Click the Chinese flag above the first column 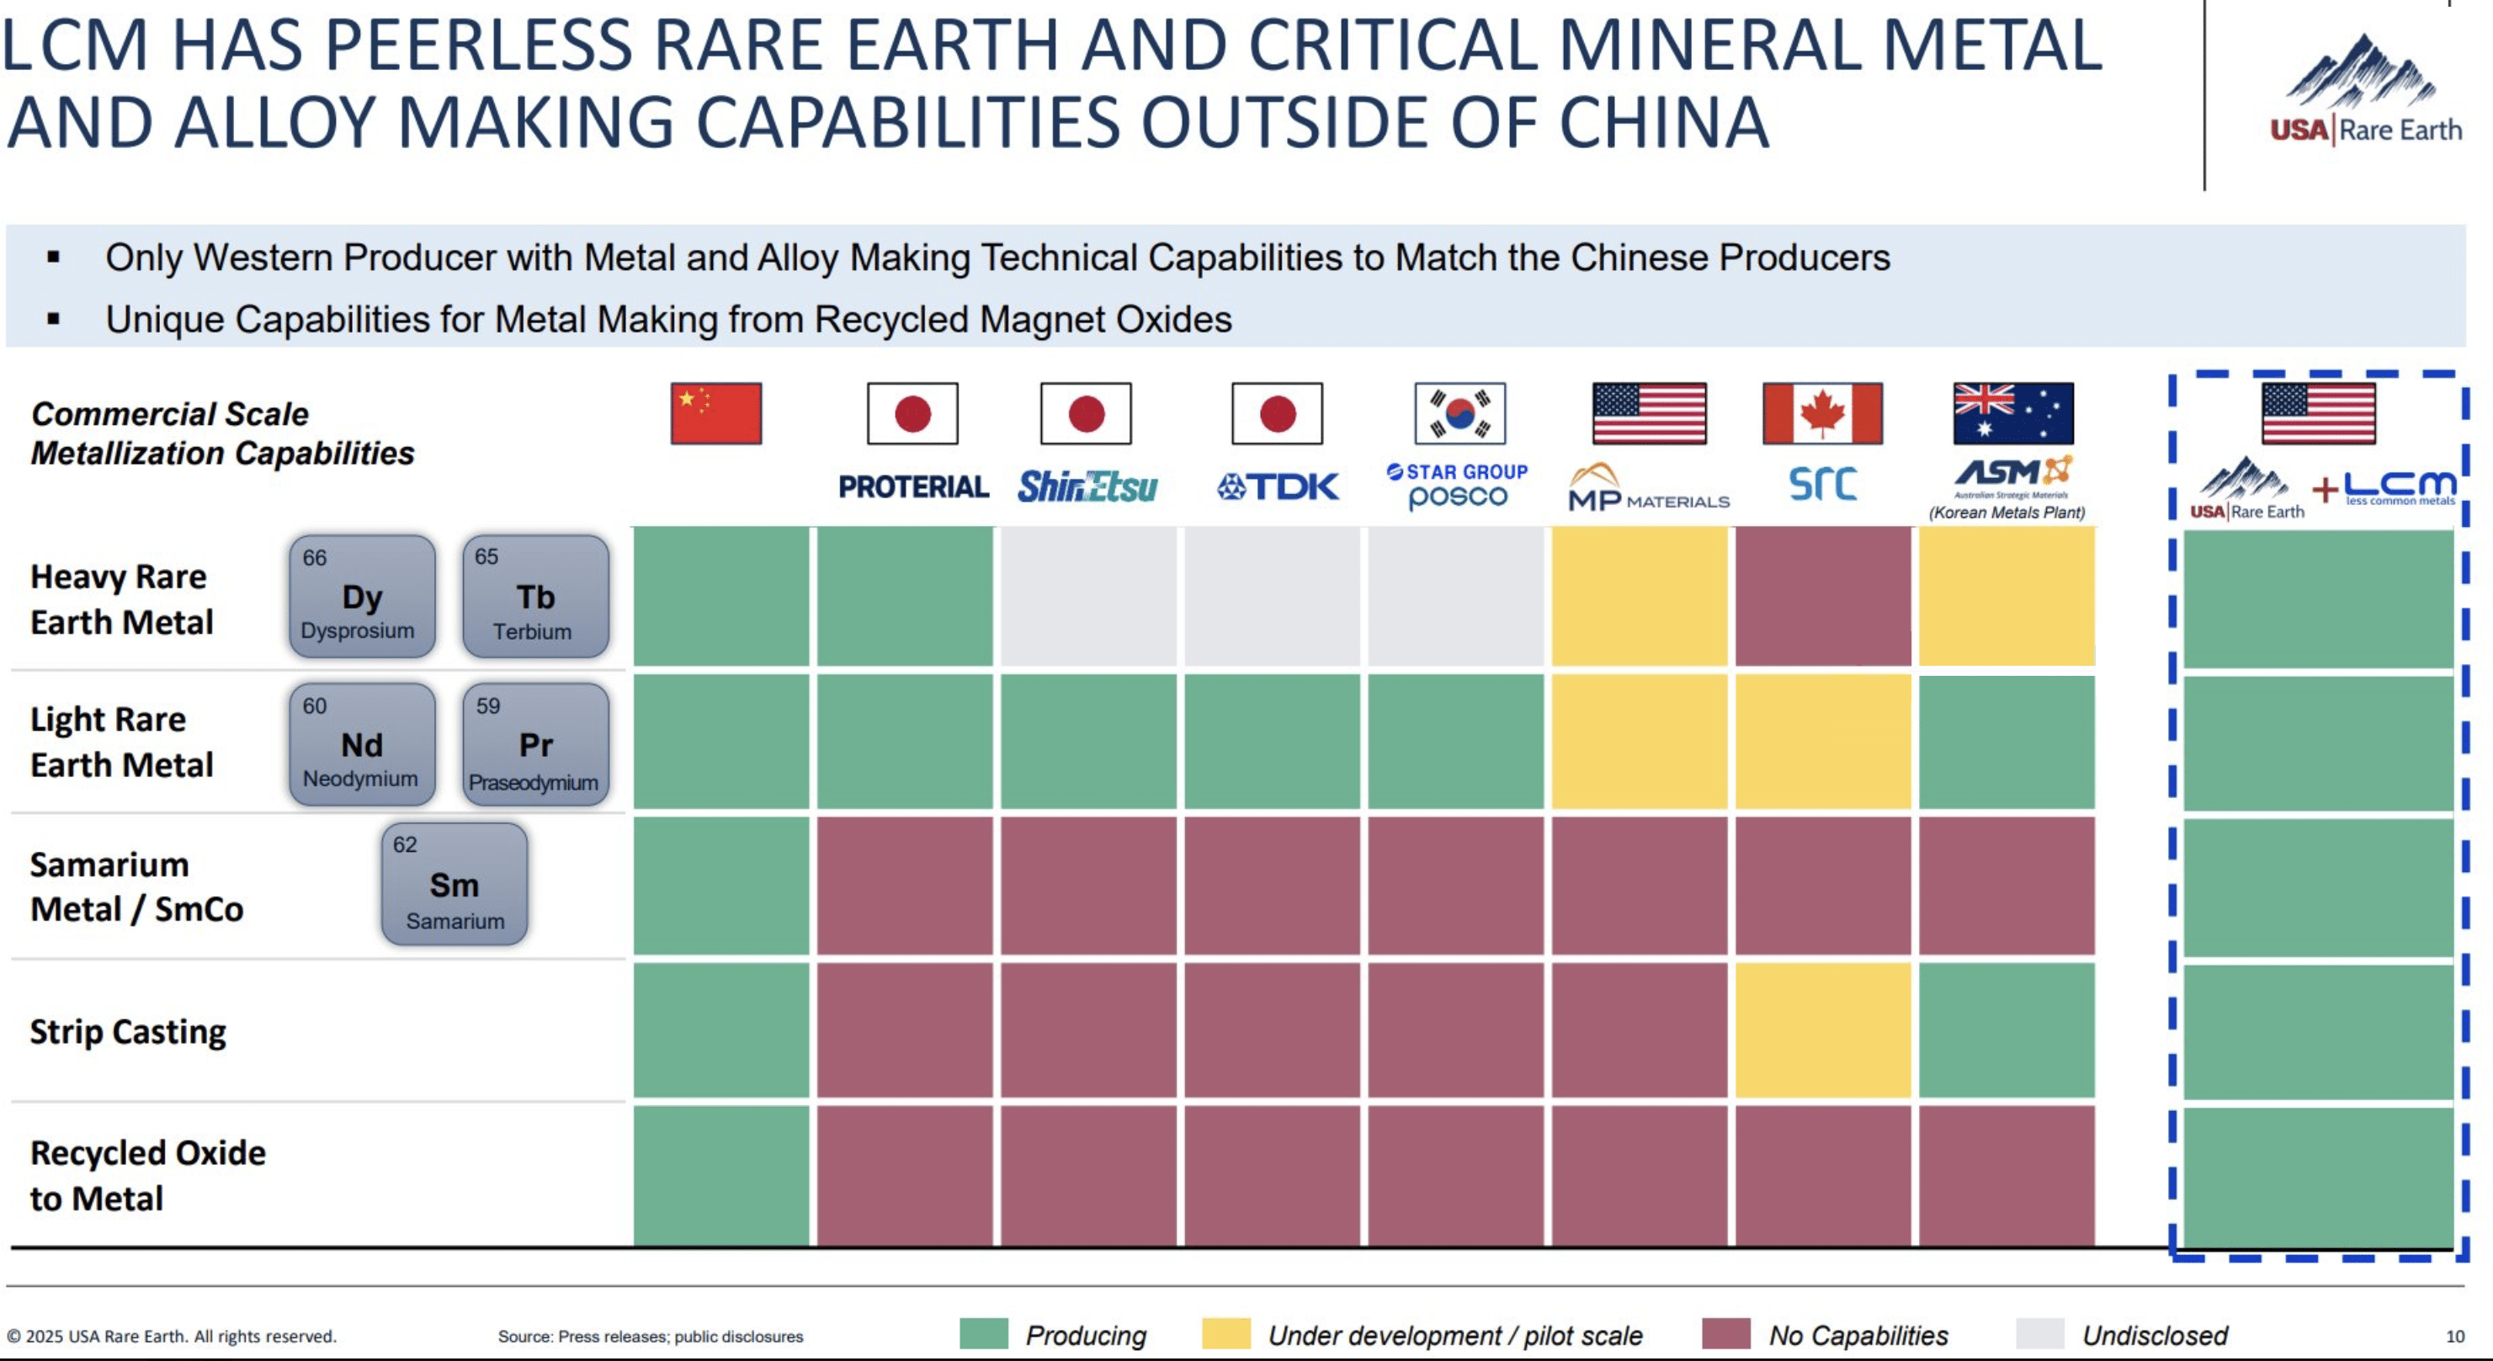click(716, 413)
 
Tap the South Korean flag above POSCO click(1459, 413)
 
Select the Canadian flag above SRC click(1822, 413)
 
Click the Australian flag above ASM click(2013, 413)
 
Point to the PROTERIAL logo click(912, 486)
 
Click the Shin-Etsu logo click(1087, 486)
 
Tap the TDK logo click(1278, 486)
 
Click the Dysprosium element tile click(362, 596)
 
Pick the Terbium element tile click(535, 596)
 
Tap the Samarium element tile click(454, 884)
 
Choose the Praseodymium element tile click(535, 744)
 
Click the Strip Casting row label click(128, 1032)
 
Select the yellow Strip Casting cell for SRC click(1822, 1030)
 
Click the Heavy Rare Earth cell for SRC click(1822, 596)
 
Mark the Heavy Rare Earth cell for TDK click(1272, 596)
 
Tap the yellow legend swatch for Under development click(1225, 1334)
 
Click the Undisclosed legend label click(2155, 1336)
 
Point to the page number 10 click(2454, 1337)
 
